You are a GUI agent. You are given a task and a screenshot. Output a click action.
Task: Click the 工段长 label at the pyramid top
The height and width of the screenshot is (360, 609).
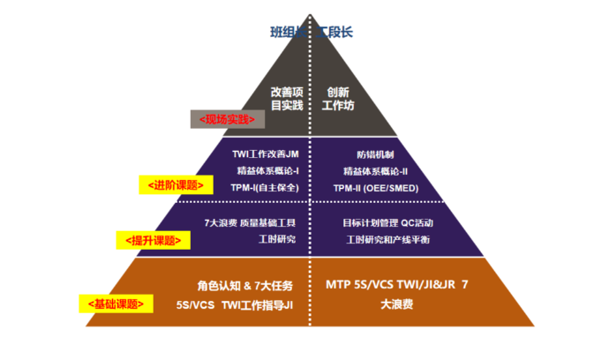tap(335, 33)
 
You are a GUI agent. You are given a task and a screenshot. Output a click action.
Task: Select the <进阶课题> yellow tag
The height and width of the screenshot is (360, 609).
tap(177, 185)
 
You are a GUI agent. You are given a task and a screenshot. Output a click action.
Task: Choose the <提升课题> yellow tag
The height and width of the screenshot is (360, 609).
tap(154, 239)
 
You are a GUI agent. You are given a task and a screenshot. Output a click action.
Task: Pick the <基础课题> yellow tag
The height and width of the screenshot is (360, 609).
tap(116, 304)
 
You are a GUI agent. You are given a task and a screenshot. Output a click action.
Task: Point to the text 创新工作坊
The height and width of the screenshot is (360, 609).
tap(339, 97)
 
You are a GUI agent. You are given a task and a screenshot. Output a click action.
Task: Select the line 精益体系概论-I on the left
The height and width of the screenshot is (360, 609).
tap(267, 170)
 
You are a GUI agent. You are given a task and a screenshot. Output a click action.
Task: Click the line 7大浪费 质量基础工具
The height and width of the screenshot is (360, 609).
tap(250, 222)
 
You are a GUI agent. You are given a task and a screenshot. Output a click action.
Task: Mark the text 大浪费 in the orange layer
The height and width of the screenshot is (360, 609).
tap(397, 305)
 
